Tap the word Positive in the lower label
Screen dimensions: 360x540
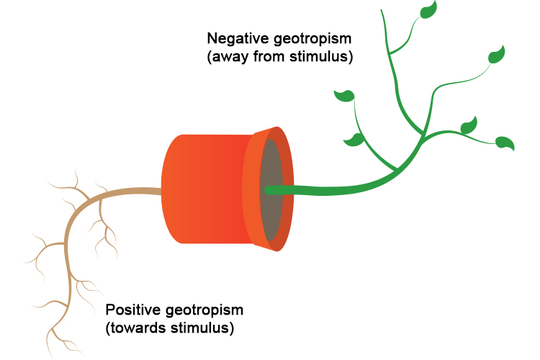pyautogui.click(x=132, y=310)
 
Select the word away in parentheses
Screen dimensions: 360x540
pyautogui.click(x=229, y=57)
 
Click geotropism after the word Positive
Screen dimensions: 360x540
pyautogui.click(x=202, y=310)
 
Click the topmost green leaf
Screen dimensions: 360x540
pyautogui.click(x=429, y=9)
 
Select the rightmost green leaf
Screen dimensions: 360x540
pyautogui.click(x=505, y=143)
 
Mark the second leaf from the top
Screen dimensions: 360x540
pyautogui.click(x=497, y=55)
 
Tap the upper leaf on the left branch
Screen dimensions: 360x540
pyautogui.click(x=345, y=95)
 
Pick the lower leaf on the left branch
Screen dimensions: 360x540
pyautogui.click(x=354, y=139)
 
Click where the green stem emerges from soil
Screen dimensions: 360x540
pyautogui.click(x=267, y=190)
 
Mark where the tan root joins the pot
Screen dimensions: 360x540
pyautogui.click(x=162, y=192)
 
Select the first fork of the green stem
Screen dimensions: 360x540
pyautogui.click(x=398, y=171)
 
